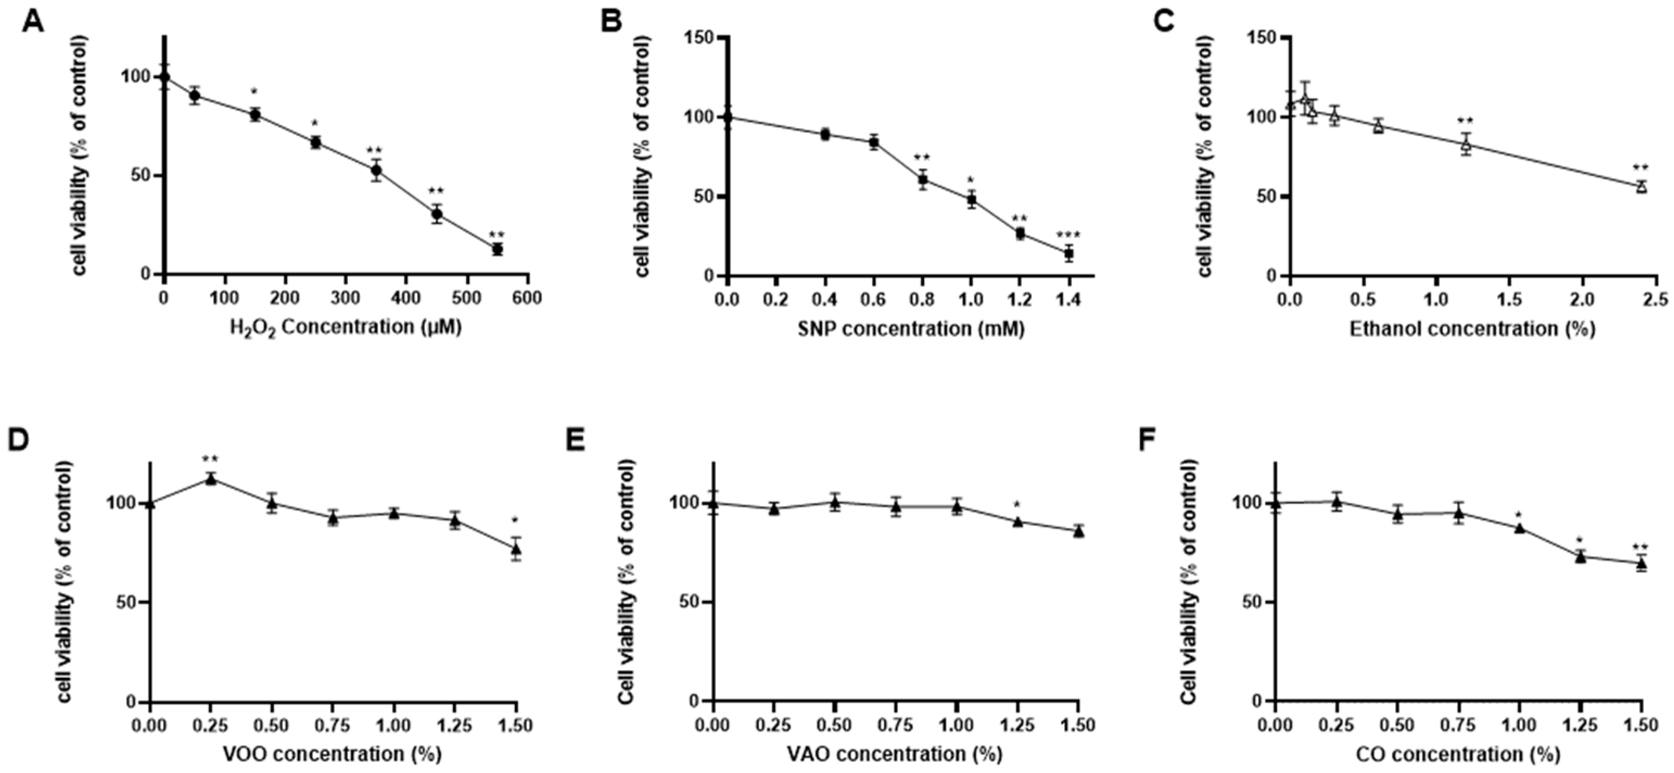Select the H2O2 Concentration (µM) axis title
click(346, 327)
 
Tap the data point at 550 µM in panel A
click(498, 249)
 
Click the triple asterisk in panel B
click(1068, 236)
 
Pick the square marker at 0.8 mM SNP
click(922, 180)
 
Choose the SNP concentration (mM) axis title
click(911, 329)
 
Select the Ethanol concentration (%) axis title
click(1473, 329)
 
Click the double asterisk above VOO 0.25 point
click(211, 460)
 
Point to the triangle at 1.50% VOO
click(516, 549)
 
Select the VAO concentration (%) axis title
click(895, 754)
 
